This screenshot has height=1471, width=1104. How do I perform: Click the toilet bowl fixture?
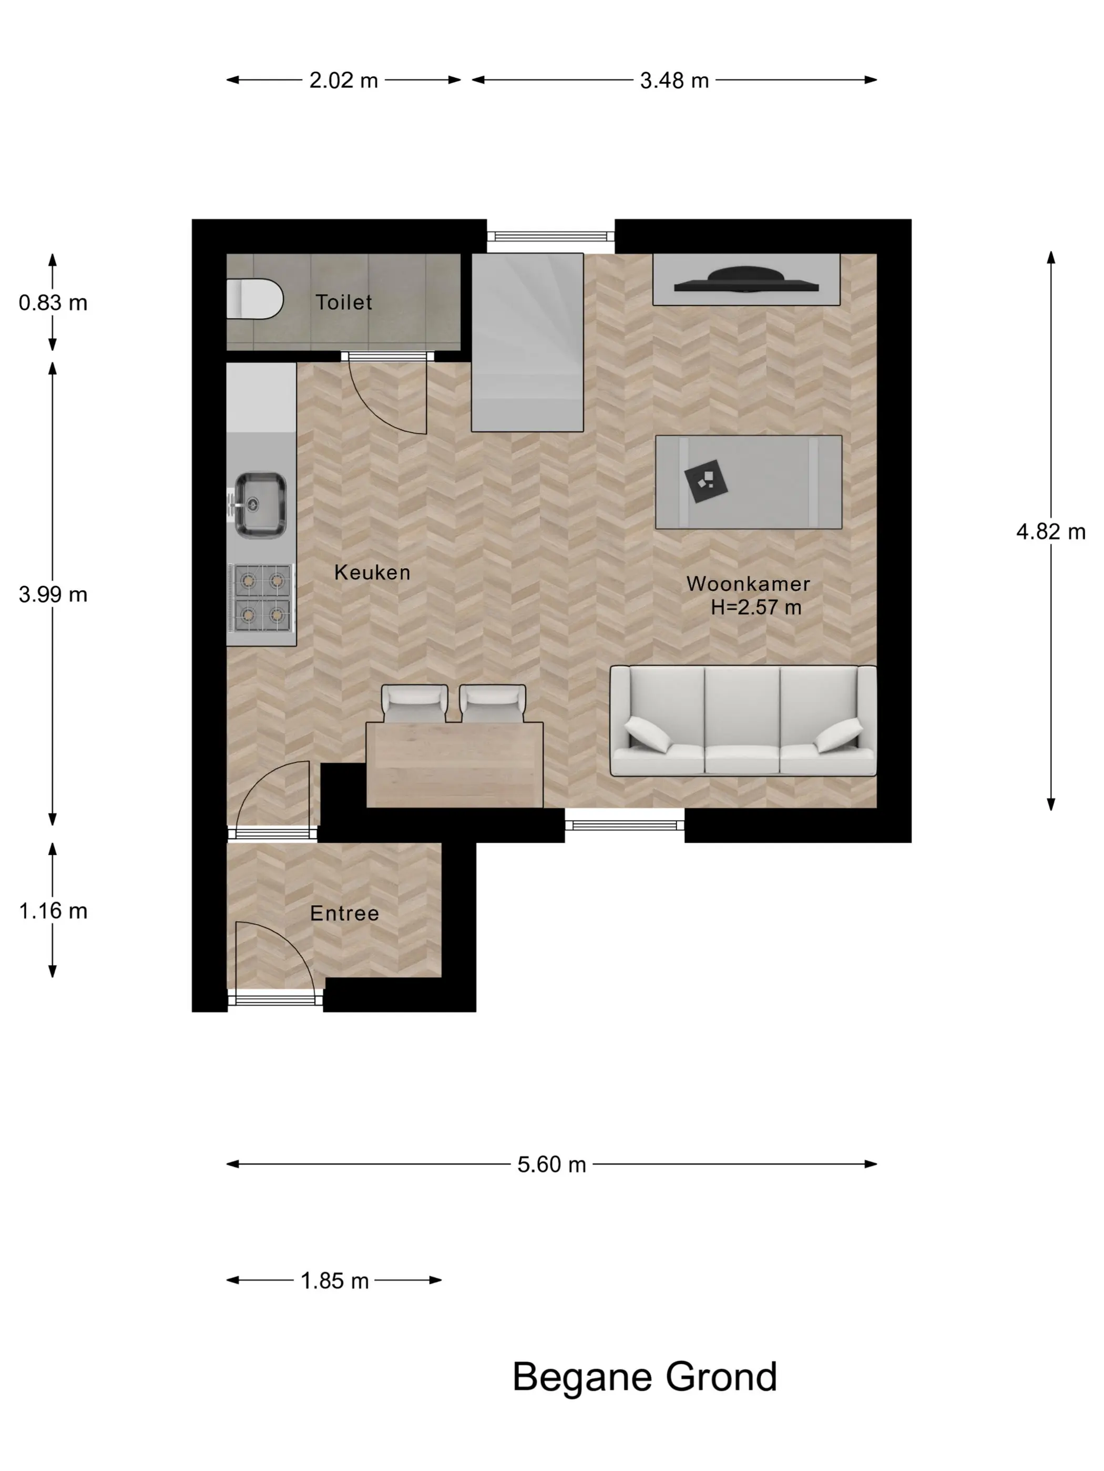pyautogui.click(x=254, y=298)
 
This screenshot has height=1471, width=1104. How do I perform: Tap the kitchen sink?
pyautogui.click(x=260, y=505)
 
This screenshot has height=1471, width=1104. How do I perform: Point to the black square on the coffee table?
pyautogui.click(x=706, y=481)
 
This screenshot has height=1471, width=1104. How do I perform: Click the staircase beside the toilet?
pyautogui.click(x=527, y=343)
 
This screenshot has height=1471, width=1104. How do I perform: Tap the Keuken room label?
pyautogui.click(x=372, y=573)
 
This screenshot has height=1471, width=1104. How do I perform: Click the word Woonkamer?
pyautogui.click(x=748, y=584)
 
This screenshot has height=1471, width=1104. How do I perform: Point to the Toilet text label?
pyautogui.click(x=343, y=303)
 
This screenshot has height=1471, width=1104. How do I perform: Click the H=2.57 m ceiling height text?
pyautogui.click(x=756, y=607)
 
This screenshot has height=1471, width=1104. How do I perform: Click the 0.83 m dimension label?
pyautogui.click(x=53, y=303)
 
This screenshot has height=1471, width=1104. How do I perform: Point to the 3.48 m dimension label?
pyautogui.click(x=674, y=80)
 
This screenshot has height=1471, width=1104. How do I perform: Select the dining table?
pyautogui.click(x=455, y=765)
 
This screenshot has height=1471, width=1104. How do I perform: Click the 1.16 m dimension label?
pyautogui.click(x=53, y=911)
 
